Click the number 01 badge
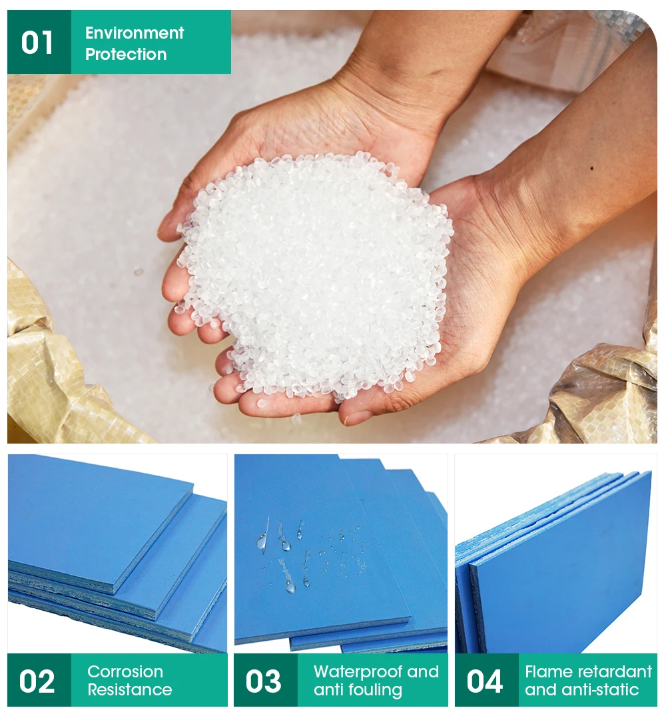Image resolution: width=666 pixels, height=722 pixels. coord(37,43)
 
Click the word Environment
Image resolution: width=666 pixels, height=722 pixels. coord(135,33)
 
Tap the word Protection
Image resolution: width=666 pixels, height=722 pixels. coord(126,54)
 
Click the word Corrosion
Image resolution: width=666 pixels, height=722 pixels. coord(125,671)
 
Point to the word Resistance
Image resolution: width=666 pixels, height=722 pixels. coord(130,690)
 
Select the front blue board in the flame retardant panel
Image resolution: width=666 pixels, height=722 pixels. coord(566,566)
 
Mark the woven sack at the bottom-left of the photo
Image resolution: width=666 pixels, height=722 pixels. coord(53,373)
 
